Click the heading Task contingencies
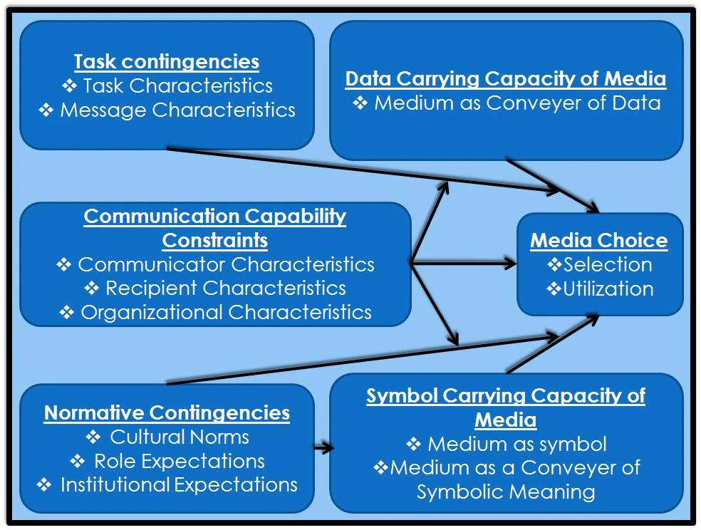click(166, 61)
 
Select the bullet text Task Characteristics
click(177, 85)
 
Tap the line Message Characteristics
click(177, 110)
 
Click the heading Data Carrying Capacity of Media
click(506, 78)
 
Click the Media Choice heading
click(599, 240)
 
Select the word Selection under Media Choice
click(608, 264)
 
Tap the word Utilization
click(608, 289)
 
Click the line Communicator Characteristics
click(226, 264)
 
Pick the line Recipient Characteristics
click(226, 288)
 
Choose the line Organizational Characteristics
click(226, 312)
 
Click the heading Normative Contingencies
click(167, 412)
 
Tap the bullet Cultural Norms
click(180, 437)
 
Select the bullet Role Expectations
click(180, 461)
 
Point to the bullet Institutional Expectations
click(179, 485)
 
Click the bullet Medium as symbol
click(517, 444)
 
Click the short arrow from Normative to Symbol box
click(324, 448)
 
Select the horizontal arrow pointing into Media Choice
click(470, 264)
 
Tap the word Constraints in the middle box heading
click(214, 240)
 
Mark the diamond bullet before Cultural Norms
click(93, 437)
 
